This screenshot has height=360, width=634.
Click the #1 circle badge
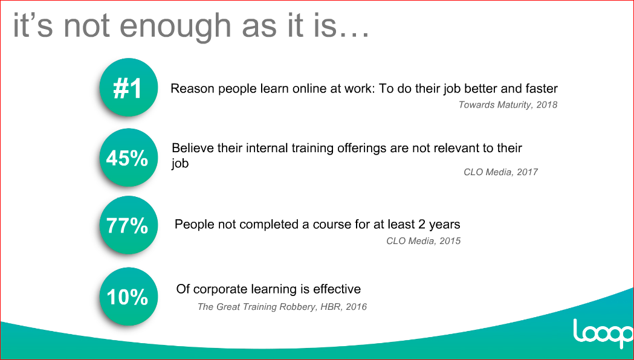[128, 88]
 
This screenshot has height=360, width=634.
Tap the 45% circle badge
[128, 158]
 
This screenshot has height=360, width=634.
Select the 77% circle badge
[128, 225]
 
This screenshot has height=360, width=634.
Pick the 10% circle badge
[128, 297]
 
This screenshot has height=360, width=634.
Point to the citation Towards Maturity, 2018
[508, 105]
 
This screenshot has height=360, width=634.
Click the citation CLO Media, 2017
[500, 172]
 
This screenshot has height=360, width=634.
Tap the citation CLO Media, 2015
[423, 241]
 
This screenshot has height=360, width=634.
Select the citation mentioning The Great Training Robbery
[282, 307]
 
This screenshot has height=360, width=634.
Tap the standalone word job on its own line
[180, 164]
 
